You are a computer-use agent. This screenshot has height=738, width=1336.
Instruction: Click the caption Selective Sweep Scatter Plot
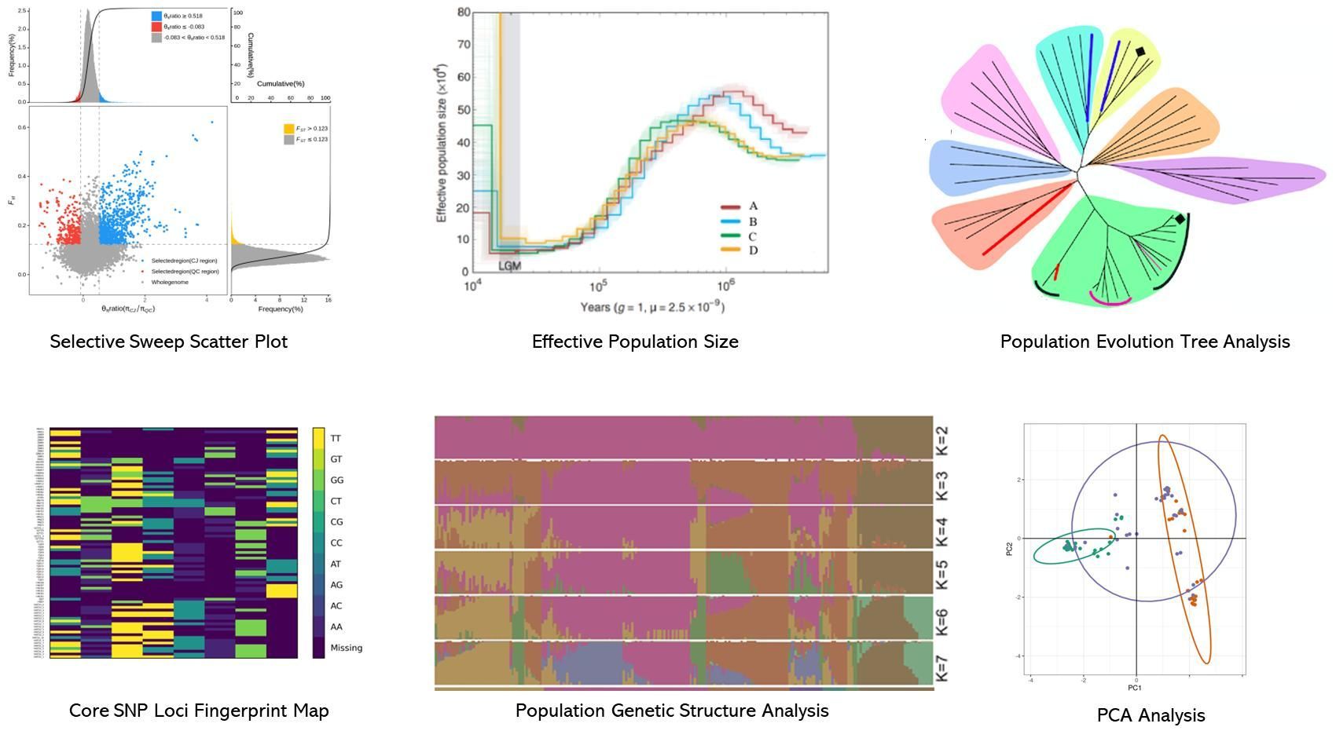[168, 342]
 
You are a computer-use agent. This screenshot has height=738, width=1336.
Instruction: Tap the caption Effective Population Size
[635, 342]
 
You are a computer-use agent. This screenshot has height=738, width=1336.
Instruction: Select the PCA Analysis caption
[1151, 715]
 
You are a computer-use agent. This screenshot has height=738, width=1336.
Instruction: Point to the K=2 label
[942, 441]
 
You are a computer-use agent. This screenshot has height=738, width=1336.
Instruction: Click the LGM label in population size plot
[510, 266]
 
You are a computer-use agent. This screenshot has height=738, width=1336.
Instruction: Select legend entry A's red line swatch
[731, 207]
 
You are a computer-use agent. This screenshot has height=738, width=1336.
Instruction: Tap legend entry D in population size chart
[753, 250]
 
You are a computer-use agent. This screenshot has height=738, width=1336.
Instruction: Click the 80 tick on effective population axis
[464, 13]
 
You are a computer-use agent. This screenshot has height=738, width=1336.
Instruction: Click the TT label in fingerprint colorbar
[336, 438]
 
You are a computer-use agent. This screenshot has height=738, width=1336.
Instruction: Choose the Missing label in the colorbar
[346, 648]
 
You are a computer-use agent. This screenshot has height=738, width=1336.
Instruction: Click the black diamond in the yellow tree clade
[1140, 52]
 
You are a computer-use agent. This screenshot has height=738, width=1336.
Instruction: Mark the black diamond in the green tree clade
[1180, 220]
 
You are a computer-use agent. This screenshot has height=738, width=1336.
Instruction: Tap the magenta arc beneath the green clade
[1110, 301]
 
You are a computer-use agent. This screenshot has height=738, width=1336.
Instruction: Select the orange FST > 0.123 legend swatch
[288, 128]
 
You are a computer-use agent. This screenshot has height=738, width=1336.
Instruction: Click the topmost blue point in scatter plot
[211, 122]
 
